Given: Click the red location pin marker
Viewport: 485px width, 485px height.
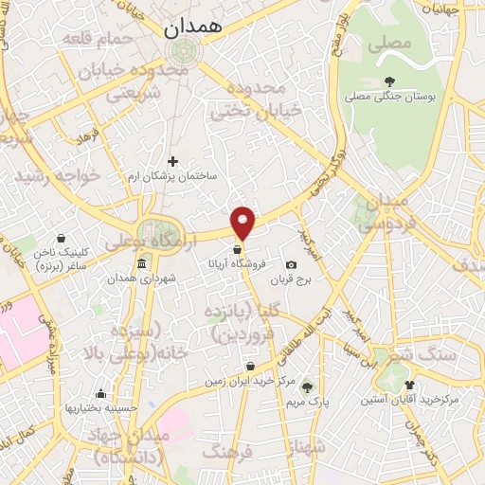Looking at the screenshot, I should pyautogui.click(x=244, y=223).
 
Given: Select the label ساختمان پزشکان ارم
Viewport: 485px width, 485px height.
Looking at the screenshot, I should pyautogui.click(x=173, y=177).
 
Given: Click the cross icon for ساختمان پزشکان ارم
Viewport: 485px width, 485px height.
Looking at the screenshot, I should pyautogui.click(x=172, y=162).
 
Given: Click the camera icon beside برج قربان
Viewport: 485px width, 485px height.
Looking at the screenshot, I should pyautogui.click(x=291, y=264).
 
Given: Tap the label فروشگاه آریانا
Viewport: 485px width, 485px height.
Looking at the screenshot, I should pyautogui.click(x=237, y=266).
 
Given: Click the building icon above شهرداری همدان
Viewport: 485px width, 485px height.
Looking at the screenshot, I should pyautogui.click(x=141, y=262).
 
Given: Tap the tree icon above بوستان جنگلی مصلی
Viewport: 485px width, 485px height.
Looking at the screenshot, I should pyautogui.click(x=390, y=81).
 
